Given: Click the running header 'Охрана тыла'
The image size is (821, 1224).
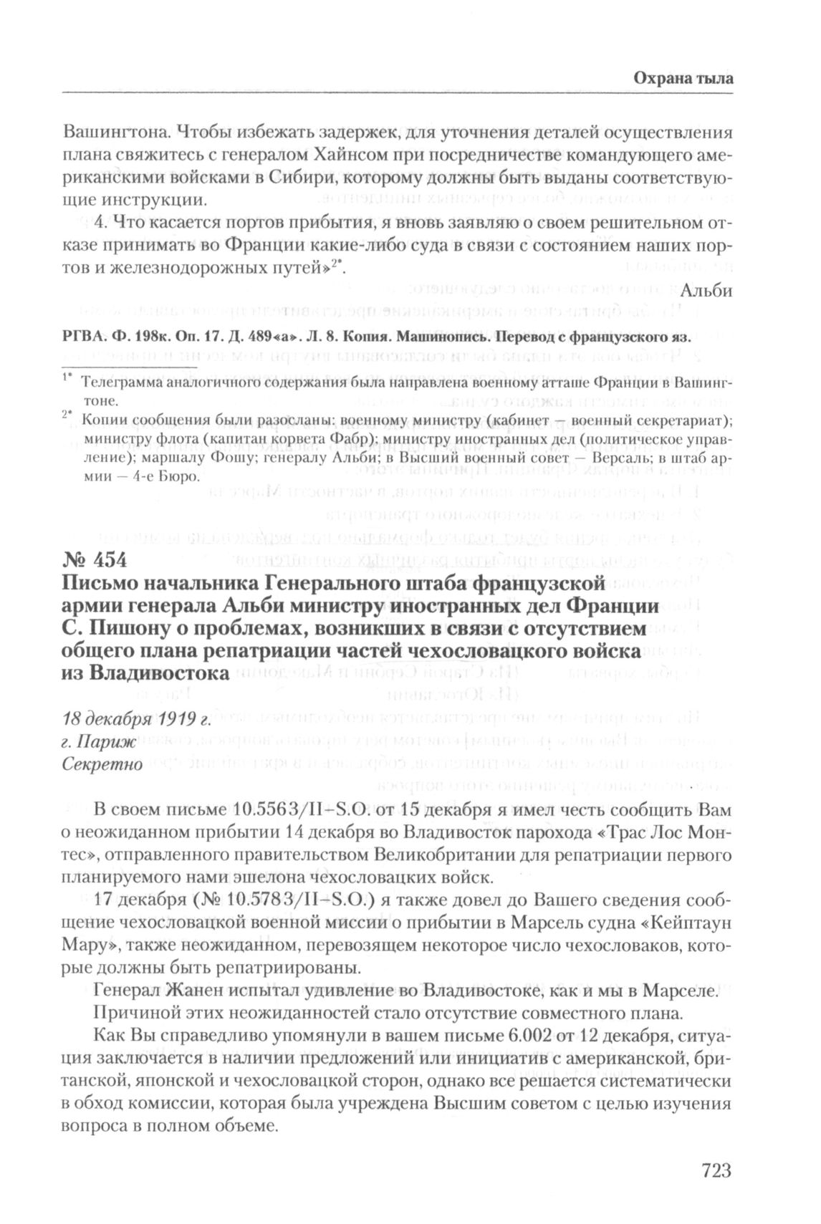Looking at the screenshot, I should [x=683, y=79].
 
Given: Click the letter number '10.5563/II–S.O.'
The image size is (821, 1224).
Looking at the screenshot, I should [x=301, y=809].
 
